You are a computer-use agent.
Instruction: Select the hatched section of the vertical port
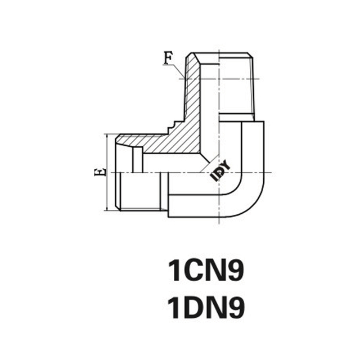click(191, 96)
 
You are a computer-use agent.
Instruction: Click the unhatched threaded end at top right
click(236, 84)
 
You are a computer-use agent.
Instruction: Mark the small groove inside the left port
click(136, 160)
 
